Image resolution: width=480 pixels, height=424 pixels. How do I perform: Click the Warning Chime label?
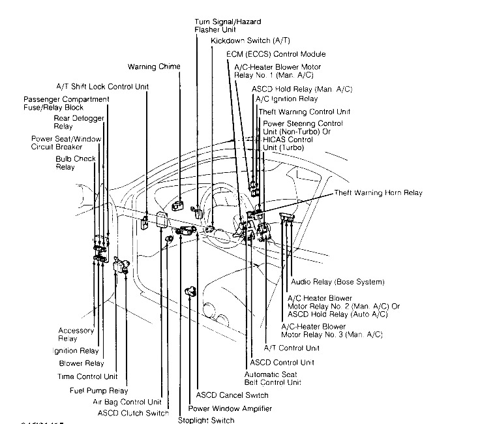pyautogui.click(x=154, y=67)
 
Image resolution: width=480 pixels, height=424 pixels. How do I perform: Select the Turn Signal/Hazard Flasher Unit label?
pyautogui.click(x=224, y=25)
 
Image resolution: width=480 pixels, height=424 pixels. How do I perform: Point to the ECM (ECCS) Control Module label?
pyautogui.click(x=276, y=54)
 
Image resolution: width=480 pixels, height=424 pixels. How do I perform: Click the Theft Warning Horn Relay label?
pyautogui.click(x=378, y=193)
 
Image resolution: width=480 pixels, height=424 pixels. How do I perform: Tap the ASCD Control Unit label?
pyautogui.click(x=282, y=361)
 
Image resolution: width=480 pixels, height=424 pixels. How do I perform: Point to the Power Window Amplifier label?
pyautogui.click(x=230, y=408)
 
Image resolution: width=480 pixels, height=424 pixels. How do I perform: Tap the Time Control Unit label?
pyautogui.click(x=89, y=376)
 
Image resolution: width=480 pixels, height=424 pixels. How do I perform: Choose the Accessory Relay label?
pyautogui.click(x=76, y=335)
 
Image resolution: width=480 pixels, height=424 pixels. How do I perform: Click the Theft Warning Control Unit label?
pyautogui.click(x=305, y=112)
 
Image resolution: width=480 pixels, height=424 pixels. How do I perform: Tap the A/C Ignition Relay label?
pyautogui.click(x=286, y=99)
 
